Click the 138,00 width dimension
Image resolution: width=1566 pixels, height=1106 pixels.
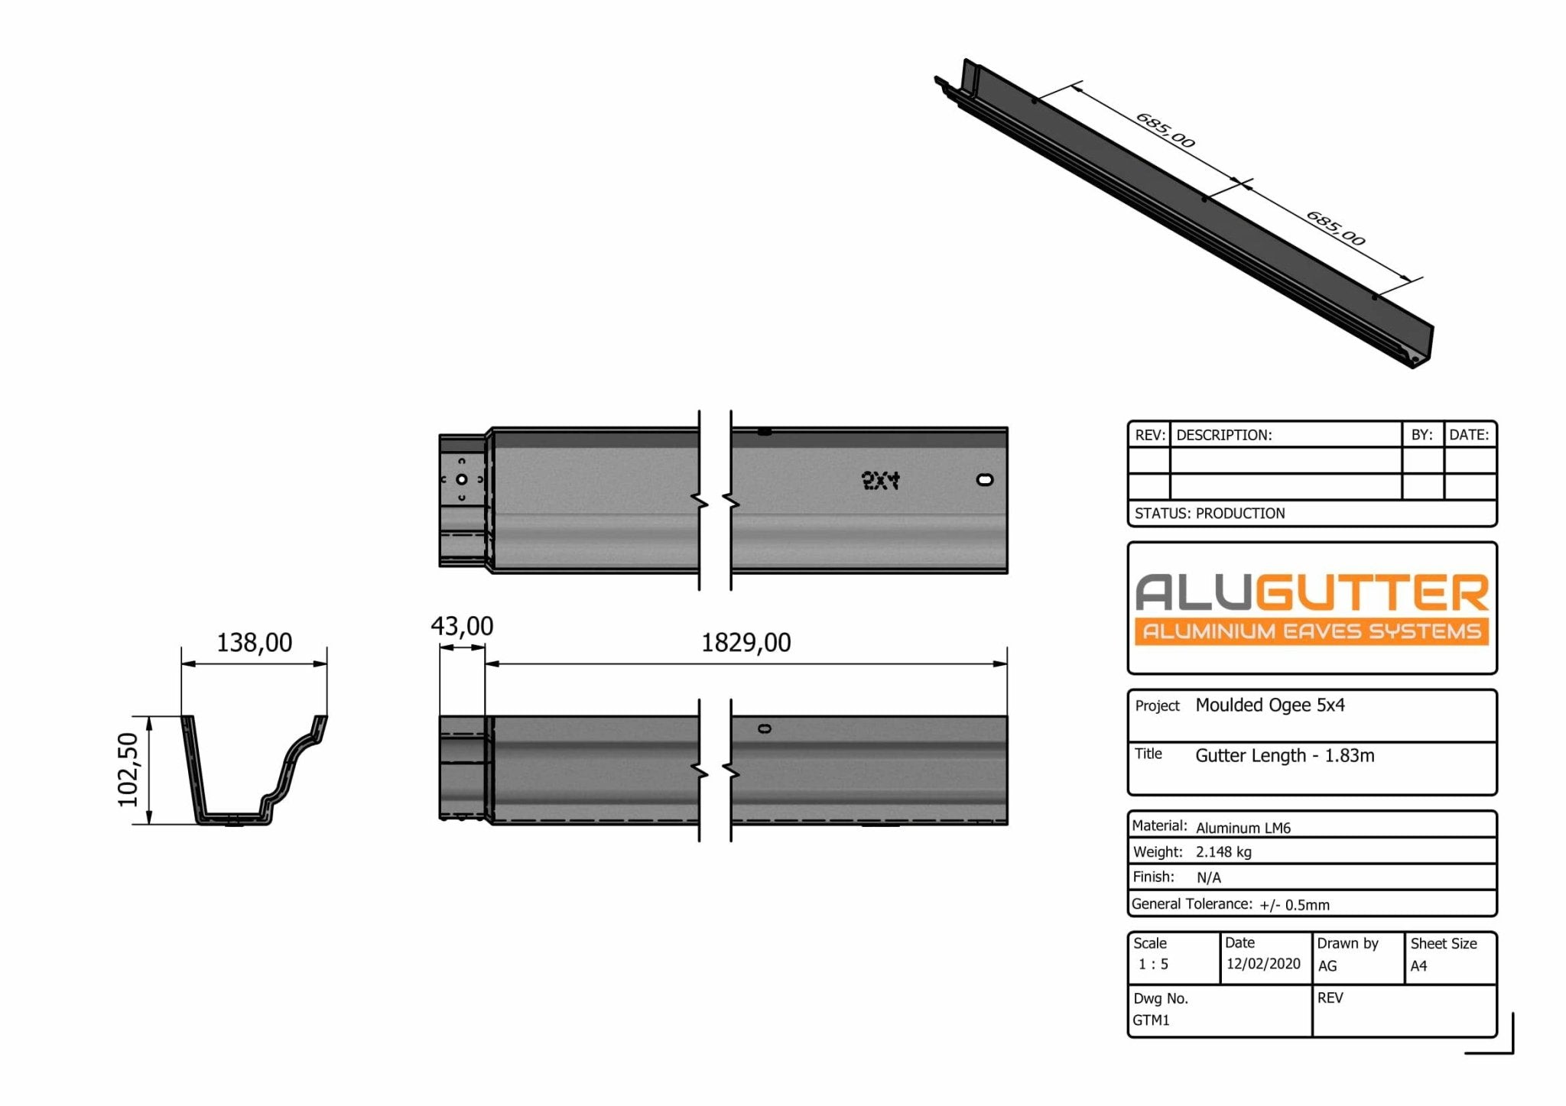point(254,643)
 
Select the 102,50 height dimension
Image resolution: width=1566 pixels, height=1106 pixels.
point(128,769)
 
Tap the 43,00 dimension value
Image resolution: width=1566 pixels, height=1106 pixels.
point(462,627)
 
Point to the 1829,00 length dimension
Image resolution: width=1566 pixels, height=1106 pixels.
point(746,643)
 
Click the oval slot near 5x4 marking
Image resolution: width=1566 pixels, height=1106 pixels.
point(985,479)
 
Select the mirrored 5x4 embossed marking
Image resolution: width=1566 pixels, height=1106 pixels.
point(880,480)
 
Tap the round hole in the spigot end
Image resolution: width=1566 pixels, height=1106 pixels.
point(462,479)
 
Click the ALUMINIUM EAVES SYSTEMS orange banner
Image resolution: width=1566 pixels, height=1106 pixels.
point(1311,631)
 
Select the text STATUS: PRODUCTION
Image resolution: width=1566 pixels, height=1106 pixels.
point(1209,514)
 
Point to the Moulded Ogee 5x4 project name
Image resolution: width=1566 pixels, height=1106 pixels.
point(1269,705)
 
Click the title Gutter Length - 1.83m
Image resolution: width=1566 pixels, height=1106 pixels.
point(1285,756)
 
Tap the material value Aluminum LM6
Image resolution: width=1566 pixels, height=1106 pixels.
point(1243,828)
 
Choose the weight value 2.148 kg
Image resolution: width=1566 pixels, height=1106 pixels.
point(1223,852)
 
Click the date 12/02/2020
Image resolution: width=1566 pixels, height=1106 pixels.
point(1263,964)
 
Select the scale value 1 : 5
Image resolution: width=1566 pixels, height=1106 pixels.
point(1153,965)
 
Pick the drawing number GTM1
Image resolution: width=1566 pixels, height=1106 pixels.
point(1151,1020)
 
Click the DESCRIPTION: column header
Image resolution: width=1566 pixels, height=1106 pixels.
point(1223,435)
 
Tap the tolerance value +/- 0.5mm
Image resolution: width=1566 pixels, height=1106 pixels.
point(1294,905)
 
